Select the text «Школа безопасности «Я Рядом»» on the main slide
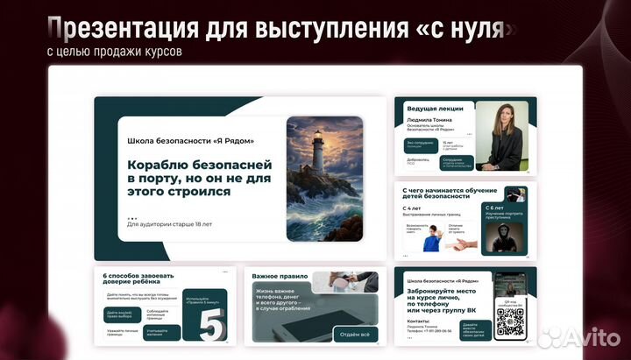190,140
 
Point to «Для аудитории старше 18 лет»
169,224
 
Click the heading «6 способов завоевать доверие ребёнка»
138,279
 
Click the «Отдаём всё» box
354,334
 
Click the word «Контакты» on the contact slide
418,321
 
